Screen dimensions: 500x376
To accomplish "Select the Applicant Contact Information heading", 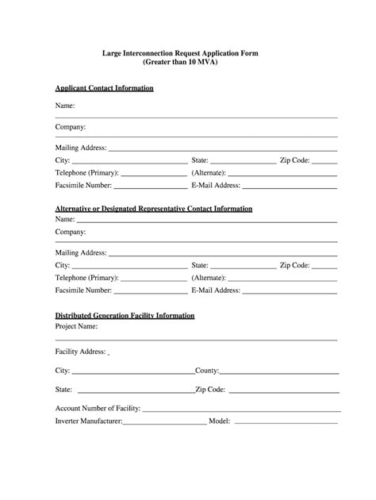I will (x=104, y=88).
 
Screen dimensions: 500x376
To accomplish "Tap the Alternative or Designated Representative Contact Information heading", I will (x=154, y=209).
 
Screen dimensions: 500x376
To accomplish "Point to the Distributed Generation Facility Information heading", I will (x=125, y=315).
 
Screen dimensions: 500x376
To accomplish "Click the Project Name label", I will (x=76, y=326).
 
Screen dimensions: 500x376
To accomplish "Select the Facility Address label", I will (x=80, y=351).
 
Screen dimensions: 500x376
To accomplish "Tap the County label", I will (x=207, y=371).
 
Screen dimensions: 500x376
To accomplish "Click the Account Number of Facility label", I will (x=98, y=409).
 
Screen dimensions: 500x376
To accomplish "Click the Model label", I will (x=218, y=421).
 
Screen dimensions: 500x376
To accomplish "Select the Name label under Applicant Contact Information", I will (x=65, y=106).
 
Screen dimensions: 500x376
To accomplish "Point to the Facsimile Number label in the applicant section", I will (x=83, y=185).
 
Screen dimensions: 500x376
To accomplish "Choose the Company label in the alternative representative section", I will (x=70, y=232).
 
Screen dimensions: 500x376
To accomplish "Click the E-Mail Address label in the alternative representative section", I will (x=216, y=290).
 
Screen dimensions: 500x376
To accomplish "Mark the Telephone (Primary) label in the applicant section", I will (x=86, y=172).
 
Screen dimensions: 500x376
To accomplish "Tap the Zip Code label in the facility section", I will (x=210, y=390).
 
